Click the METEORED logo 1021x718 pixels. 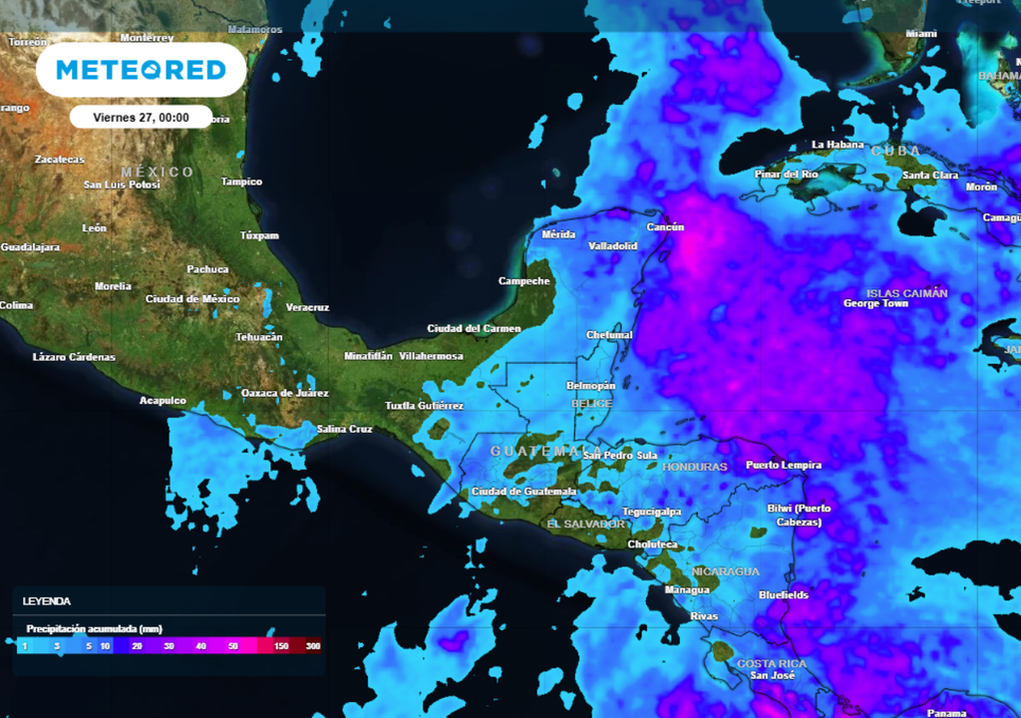click(x=141, y=70)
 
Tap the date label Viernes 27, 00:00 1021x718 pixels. click(x=141, y=117)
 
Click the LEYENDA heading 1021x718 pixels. click(x=47, y=601)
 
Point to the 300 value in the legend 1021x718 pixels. click(x=313, y=646)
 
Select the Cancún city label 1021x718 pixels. click(x=665, y=227)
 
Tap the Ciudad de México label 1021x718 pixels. click(x=192, y=299)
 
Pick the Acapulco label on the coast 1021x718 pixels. click(x=163, y=401)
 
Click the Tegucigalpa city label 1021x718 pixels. click(x=651, y=512)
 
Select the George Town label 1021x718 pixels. click(x=876, y=303)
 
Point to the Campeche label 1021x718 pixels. click(x=524, y=281)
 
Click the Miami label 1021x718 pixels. click(x=921, y=34)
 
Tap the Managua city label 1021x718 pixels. click(x=688, y=589)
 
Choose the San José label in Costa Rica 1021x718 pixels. click(x=773, y=676)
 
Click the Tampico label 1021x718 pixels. click(x=241, y=182)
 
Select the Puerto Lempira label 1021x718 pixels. click(x=784, y=465)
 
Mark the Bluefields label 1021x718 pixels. click(x=784, y=595)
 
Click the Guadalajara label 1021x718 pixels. click(x=30, y=247)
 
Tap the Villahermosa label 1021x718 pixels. click(x=431, y=356)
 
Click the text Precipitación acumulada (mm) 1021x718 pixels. click(x=94, y=629)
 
